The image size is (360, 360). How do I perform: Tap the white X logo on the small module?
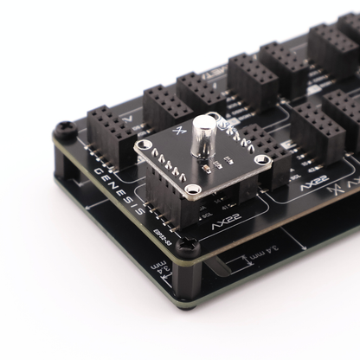[x=179, y=131]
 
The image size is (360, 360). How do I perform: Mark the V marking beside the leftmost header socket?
[x=128, y=116]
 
